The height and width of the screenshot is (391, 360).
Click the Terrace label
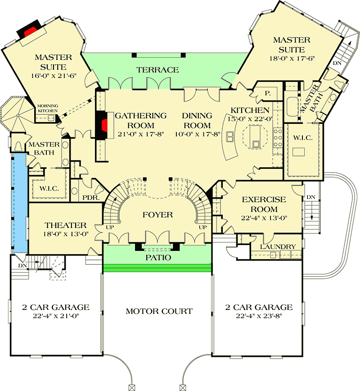pos(158,70)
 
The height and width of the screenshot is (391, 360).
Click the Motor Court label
pos(159,311)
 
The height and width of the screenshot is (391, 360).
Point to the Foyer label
pos(158,215)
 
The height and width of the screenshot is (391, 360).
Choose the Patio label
pos(157,258)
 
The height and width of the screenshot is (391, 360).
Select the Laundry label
pos(278,247)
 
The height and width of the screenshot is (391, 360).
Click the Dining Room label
pos(197,120)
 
